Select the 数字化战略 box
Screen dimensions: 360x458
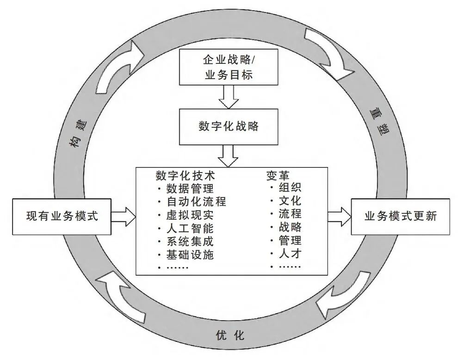click(x=229, y=126)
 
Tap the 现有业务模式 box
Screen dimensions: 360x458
click(x=62, y=216)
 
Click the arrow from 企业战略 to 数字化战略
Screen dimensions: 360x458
click(x=229, y=97)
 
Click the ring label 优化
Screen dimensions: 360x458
click(x=230, y=335)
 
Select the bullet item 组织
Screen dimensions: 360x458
click(x=290, y=188)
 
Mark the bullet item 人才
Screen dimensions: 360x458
click(x=290, y=254)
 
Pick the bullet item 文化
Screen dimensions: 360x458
click(x=290, y=201)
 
